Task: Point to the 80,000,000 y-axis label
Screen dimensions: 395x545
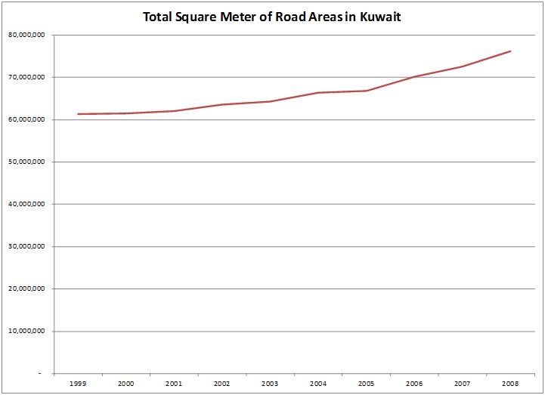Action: [x=26, y=35]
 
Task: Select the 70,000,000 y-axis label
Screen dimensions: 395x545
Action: [x=26, y=77]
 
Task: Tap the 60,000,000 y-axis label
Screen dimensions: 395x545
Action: [x=26, y=119]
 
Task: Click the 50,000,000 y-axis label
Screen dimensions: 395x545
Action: [x=26, y=162]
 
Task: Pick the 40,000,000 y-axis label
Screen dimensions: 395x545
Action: [x=26, y=204]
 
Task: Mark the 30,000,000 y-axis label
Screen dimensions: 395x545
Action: [x=26, y=246]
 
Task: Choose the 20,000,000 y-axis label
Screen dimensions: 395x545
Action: [x=26, y=289]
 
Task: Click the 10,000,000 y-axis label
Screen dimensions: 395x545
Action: [x=26, y=331]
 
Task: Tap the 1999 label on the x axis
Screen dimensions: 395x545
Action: [x=78, y=384]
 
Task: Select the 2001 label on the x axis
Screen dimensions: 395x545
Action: [x=174, y=384]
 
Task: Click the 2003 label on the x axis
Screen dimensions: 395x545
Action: [x=270, y=384]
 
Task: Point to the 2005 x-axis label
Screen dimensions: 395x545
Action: [x=367, y=384]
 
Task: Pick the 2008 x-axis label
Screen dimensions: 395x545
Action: [x=511, y=384]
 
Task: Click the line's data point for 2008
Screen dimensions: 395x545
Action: [x=511, y=51]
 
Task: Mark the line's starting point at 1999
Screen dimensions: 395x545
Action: [x=78, y=114]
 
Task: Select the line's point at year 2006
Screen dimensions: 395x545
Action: [x=415, y=76]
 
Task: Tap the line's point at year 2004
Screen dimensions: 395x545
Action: [x=318, y=93]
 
